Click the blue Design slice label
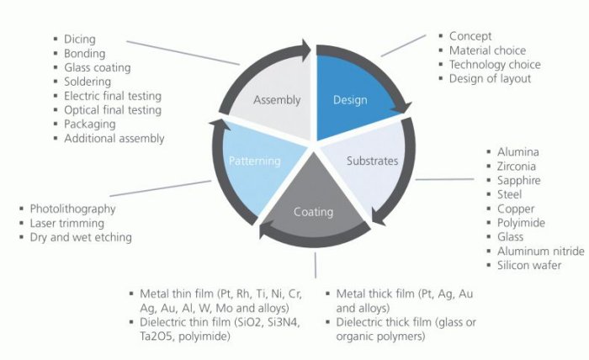tap(351, 100)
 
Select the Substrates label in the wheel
tap(371, 161)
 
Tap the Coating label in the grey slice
tap(313, 211)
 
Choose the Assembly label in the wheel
tap(277, 100)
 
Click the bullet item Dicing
tap(79, 39)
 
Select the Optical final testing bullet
tap(113, 109)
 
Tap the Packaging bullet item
tap(90, 124)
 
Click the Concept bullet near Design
tap(470, 36)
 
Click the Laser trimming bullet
tap(67, 223)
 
